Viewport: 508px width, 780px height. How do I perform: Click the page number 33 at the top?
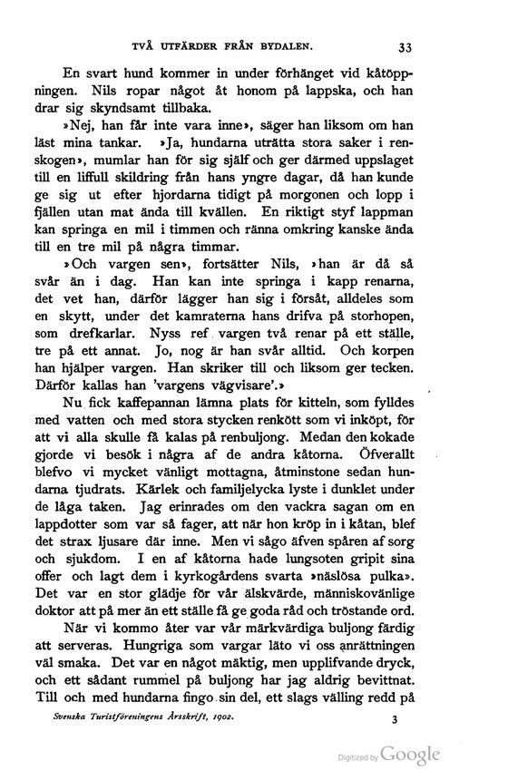tap(405, 48)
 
